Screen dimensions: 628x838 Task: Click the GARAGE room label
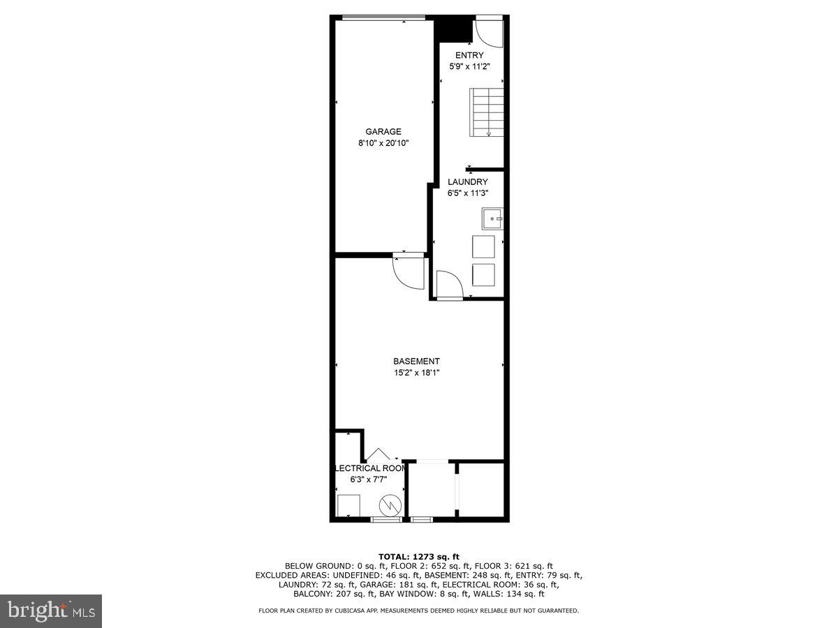point(383,131)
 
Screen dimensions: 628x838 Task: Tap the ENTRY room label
point(469,55)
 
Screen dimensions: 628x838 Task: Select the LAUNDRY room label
point(468,182)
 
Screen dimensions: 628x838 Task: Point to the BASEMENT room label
point(416,361)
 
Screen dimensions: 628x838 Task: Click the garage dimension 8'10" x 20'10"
point(383,143)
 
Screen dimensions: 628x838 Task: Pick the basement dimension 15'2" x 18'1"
point(416,373)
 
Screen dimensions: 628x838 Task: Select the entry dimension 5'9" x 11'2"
point(469,67)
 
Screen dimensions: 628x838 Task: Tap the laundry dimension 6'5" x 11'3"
point(468,194)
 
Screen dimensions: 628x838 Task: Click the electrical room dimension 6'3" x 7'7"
point(369,479)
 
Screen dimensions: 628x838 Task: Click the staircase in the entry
point(487,112)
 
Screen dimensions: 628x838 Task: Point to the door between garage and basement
point(409,271)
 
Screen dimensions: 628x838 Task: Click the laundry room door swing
point(448,285)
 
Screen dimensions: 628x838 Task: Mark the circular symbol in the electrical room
point(390,504)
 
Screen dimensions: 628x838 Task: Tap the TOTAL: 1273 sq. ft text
point(418,556)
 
